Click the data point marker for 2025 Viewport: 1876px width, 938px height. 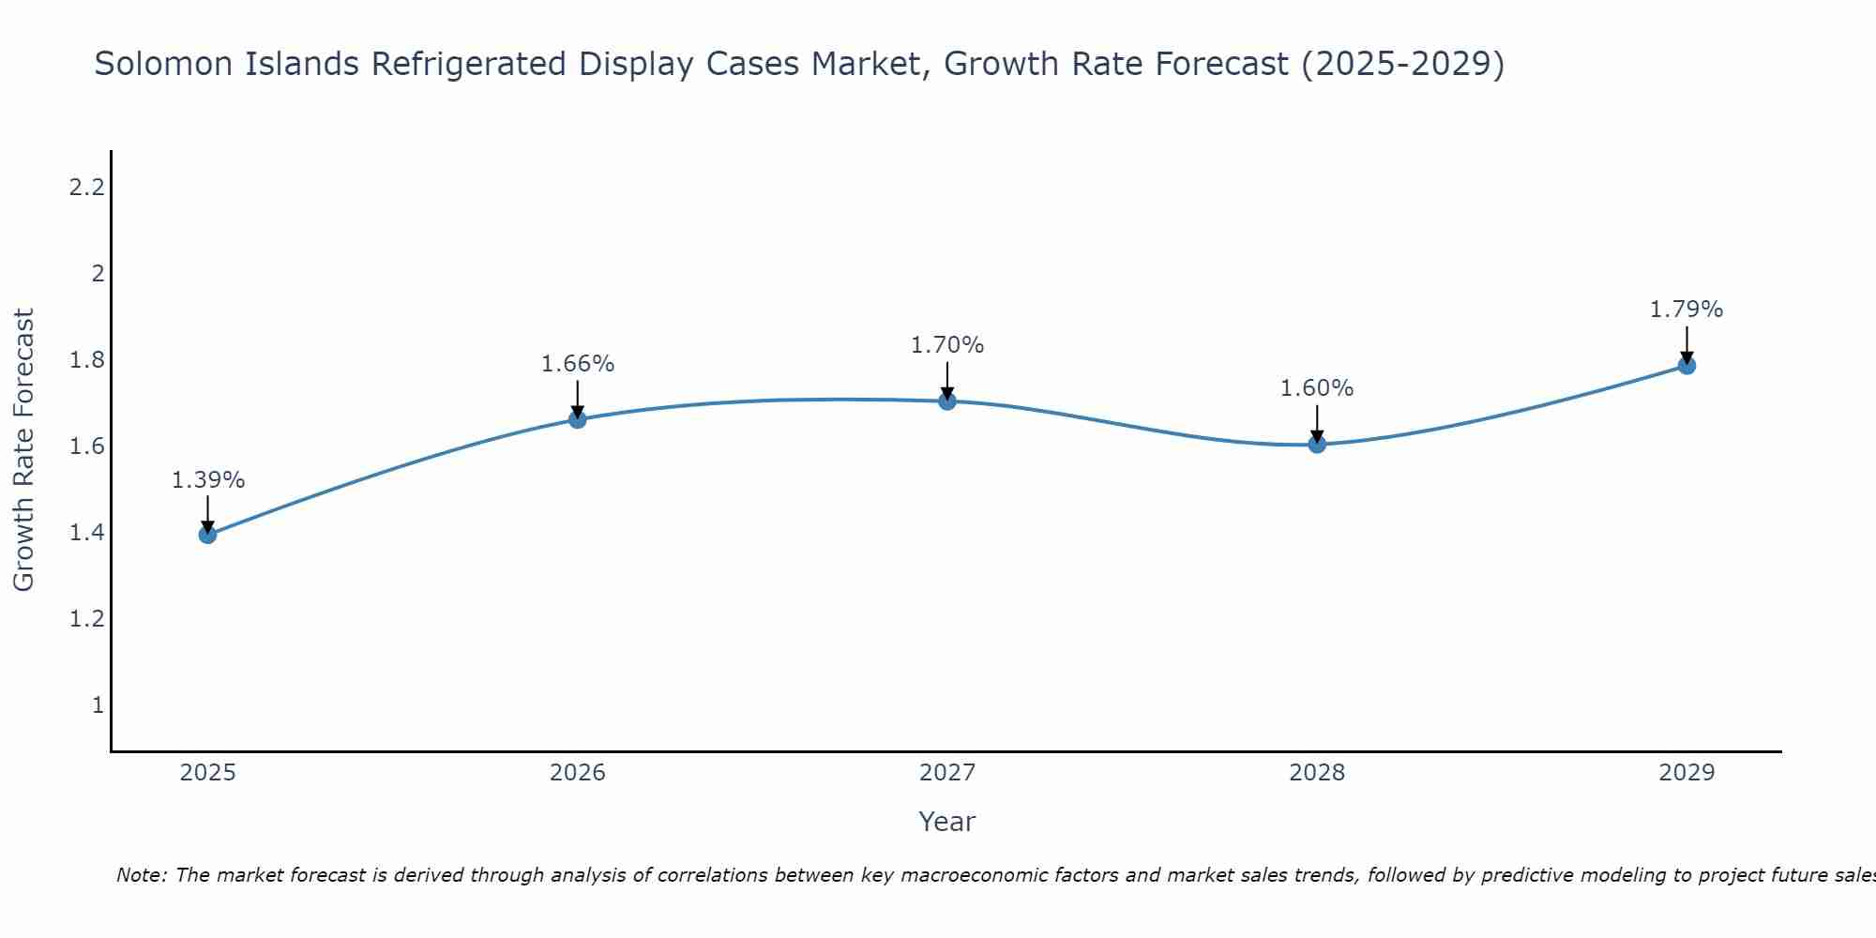[207, 535]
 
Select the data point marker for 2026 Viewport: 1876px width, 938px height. [578, 419]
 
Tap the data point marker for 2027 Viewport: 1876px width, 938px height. [947, 401]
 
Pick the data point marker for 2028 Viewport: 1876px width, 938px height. [1317, 444]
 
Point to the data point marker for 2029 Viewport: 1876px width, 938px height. [1687, 365]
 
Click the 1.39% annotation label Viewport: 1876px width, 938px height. [207, 480]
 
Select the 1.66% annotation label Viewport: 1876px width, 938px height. [578, 364]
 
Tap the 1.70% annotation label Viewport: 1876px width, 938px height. [947, 345]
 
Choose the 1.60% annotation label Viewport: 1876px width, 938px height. [1317, 388]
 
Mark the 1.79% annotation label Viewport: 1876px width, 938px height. [1687, 310]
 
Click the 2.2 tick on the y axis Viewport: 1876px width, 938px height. [86, 188]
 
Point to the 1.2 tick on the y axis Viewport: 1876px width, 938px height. [86, 619]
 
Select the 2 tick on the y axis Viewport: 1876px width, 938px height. [97, 274]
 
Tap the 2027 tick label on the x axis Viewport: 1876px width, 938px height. [947, 773]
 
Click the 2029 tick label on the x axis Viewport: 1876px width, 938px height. [1687, 773]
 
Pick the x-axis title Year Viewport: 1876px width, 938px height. [947, 822]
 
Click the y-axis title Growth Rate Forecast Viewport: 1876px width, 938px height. [23, 450]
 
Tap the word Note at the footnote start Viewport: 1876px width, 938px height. [141, 875]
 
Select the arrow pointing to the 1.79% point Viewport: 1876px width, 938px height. [1687, 344]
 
